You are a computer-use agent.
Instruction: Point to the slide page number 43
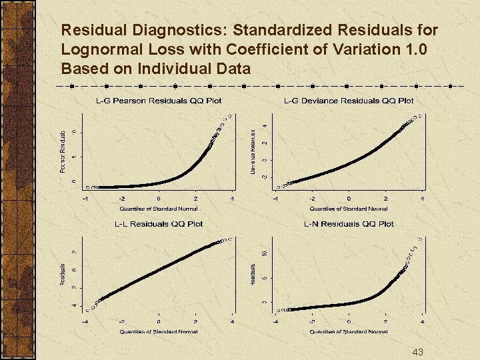[418, 352]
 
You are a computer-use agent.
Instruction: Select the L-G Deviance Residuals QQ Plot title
[349, 101]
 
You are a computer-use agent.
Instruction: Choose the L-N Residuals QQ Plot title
[349, 224]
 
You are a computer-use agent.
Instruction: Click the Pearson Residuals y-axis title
[63, 153]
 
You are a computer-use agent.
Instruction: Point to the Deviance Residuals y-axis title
[254, 153]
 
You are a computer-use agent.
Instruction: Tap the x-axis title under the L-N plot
[349, 331]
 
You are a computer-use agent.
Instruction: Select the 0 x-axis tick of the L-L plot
[159, 321]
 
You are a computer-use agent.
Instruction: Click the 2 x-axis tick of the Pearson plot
[195, 199]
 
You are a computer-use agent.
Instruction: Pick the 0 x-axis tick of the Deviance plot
[349, 199]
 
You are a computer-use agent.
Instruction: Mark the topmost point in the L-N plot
[419, 237]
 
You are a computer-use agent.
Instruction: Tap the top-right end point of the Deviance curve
[421, 115]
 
